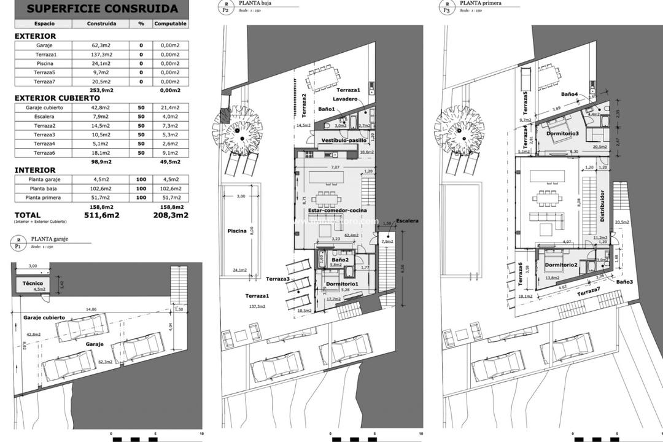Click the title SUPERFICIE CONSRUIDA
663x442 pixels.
(x=103, y=9)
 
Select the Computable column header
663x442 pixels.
(x=170, y=23)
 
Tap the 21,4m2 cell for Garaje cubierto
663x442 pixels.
(x=170, y=107)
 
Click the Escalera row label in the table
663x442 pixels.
(x=44, y=117)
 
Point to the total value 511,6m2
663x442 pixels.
(x=102, y=215)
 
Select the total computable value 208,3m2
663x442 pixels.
(x=171, y=215)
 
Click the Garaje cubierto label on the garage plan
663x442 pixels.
(x=44, y=318)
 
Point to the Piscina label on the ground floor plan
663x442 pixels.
(x=236, y=231)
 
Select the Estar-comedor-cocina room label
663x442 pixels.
(x=338, y=211)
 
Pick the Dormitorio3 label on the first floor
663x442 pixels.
(x=561, y=133)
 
